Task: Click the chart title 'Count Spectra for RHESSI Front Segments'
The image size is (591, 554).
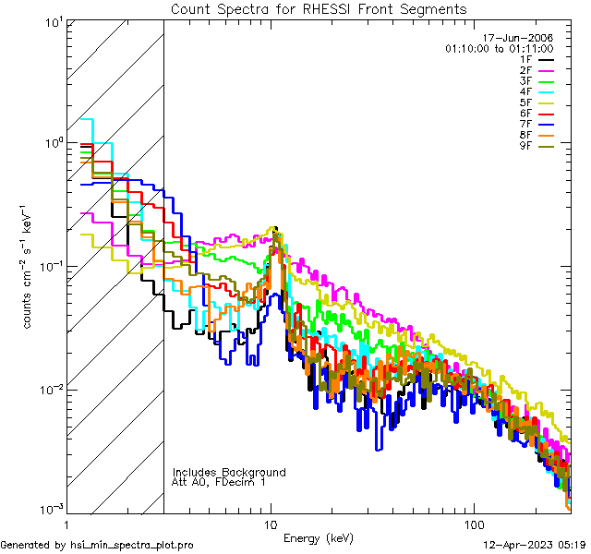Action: pyautogui.click(x=319, y=9)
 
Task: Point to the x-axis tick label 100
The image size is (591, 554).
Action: pyautogui.click(x=473, y=523)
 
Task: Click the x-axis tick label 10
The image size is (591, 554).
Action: pyautogui.click(x=271, y=523)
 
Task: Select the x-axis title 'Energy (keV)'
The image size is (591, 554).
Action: pyautogui.click(x=319, y=537)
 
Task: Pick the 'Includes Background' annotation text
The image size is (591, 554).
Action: pyautogui.click(x=229, y=472)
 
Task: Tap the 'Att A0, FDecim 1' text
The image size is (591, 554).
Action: pyautogui.click(x=218, y=482)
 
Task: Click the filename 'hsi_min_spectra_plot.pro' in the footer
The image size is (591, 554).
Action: pyautogui.click(x=132, y=546)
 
